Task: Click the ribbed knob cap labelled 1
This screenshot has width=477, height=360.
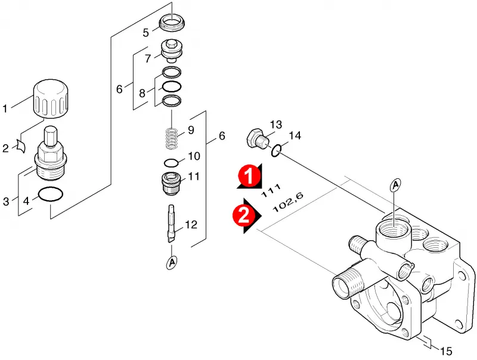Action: tap(50, 99)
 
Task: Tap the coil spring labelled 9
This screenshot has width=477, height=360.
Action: tap(172, 139)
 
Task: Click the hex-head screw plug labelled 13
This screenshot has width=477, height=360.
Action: tap(257, 139)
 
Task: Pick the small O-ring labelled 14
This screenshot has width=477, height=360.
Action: tap(275, 147)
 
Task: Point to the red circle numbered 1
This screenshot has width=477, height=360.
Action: tap(249, 175)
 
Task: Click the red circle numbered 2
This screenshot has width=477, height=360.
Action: tap(244, 216)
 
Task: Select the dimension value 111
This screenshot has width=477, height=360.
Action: tap(271, 190)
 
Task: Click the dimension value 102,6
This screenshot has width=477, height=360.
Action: tap(288, 202)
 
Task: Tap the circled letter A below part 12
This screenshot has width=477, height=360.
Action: tap(172, 262)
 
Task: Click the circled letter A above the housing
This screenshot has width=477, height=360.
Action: tap(395, 185)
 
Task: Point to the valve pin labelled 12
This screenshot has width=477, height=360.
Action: tap(171, 224)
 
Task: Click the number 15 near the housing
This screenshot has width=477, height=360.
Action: tap(446, 351)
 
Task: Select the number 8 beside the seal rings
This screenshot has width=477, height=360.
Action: tap(142, 93)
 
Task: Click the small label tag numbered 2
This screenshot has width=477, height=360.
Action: tap(21, 146)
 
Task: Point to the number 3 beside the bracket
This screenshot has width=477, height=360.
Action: tap(6, 201)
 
